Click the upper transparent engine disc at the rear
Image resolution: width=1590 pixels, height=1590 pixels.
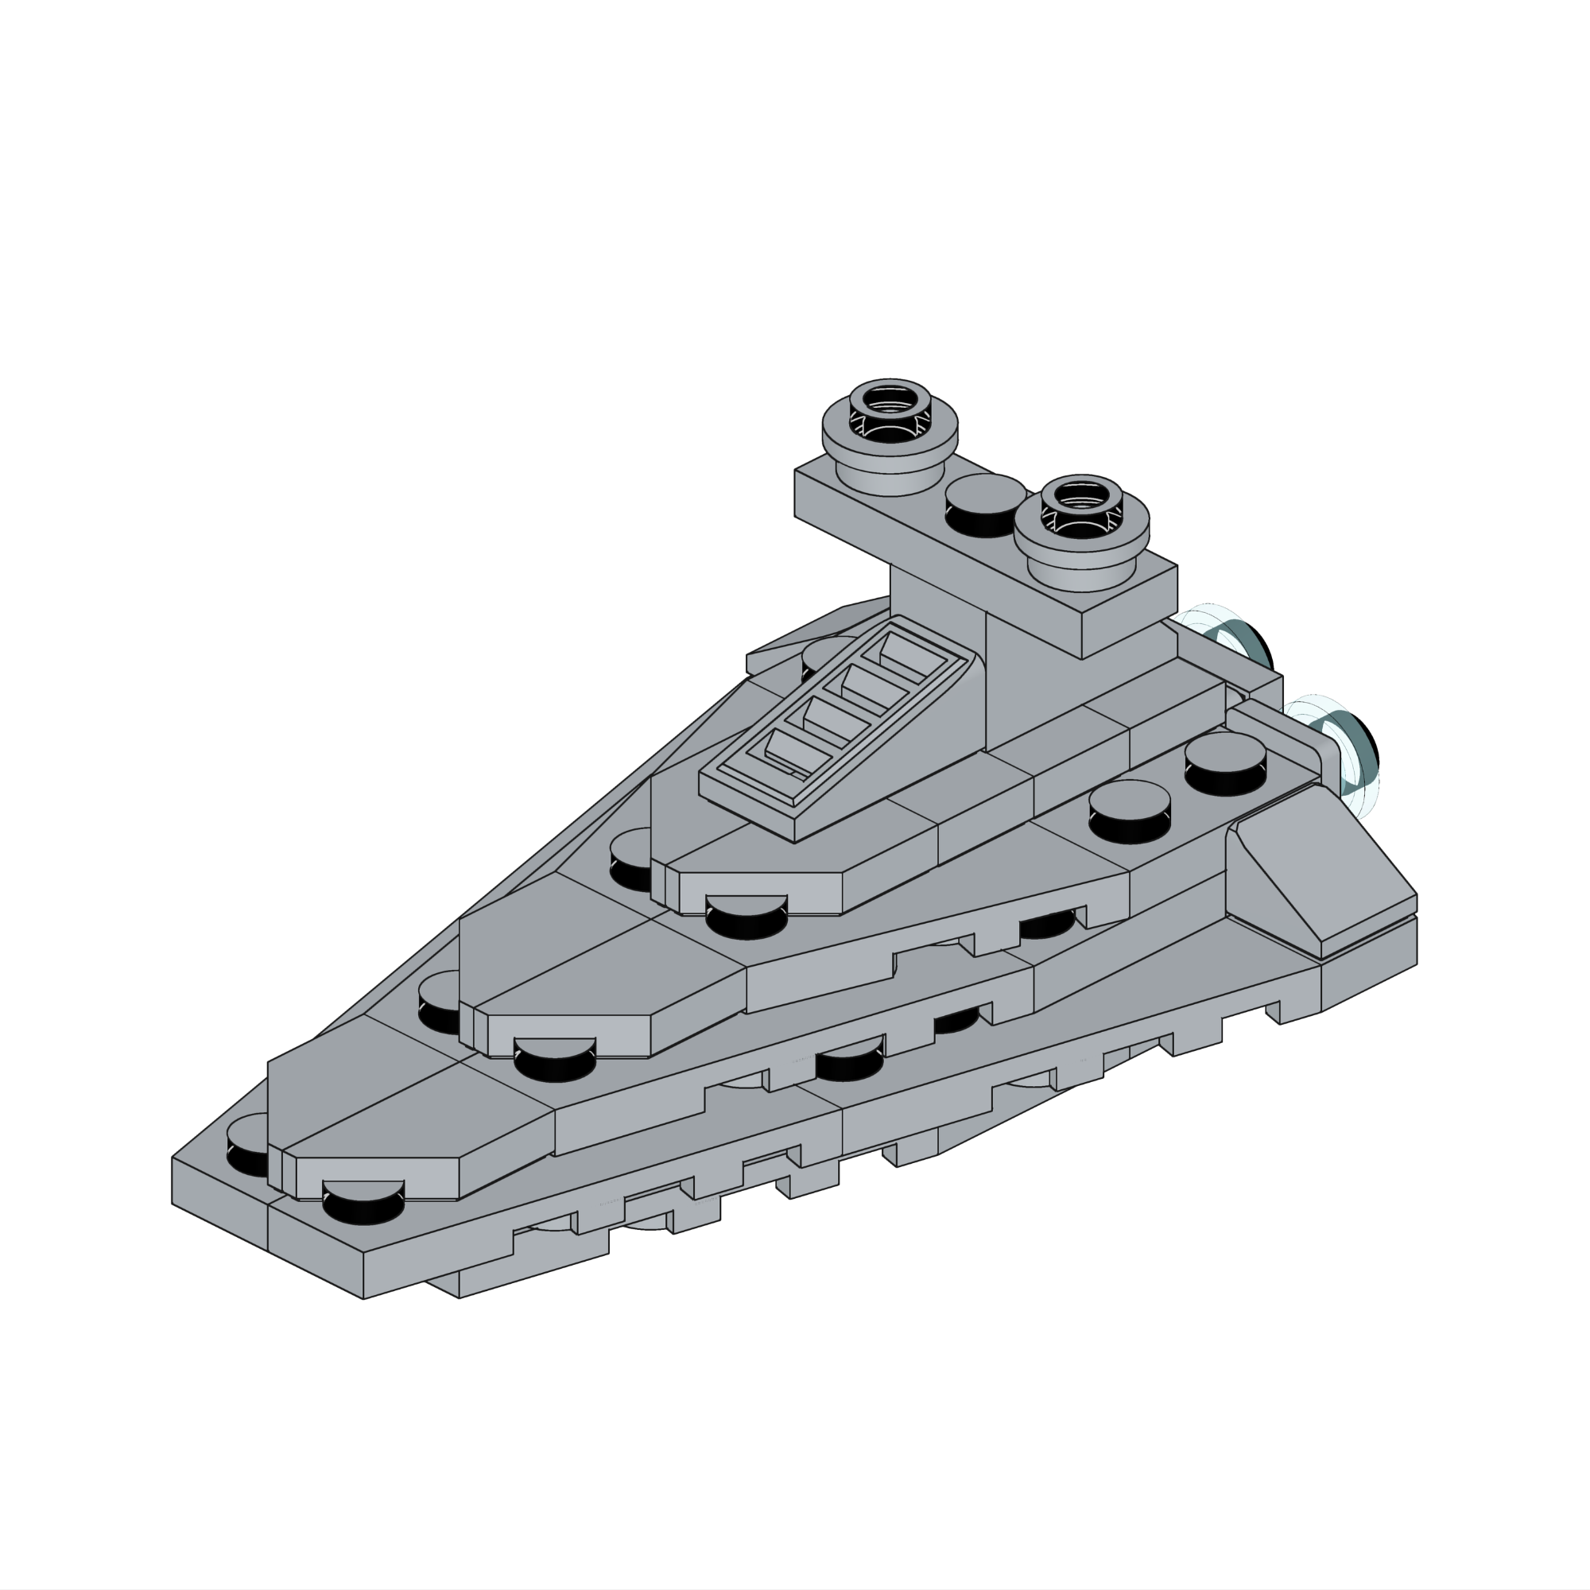point(1235,641)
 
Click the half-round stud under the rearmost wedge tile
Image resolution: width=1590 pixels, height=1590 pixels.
point(747,917)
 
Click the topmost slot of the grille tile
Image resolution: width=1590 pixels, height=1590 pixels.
point(909,654)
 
